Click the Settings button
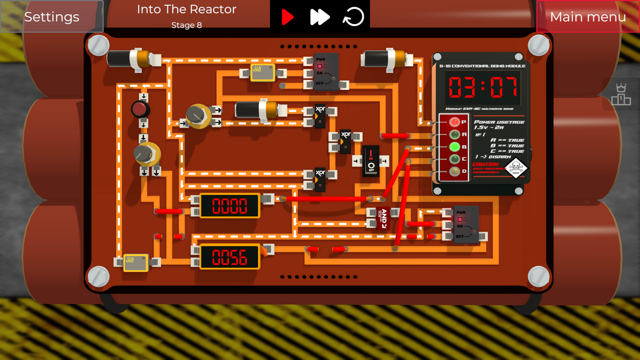[x=52, y=17]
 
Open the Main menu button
[x=588, y=17]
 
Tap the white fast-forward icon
[x=320, y=17]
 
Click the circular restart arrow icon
[x=353, y=17]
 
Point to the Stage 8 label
[x=187, y=25]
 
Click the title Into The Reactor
[x=187, y=9]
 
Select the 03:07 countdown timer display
[x=483, y=87]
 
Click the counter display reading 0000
[x=230, y=206]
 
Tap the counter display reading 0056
[x=230, y=257]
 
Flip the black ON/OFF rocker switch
[x=371, y=161]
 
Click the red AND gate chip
[x=383, y=218]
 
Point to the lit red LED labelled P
[x=454, y=122]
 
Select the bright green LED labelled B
[x=454, y=147]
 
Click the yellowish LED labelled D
[x=454, y=171]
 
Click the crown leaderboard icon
[x=621, y=94]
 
